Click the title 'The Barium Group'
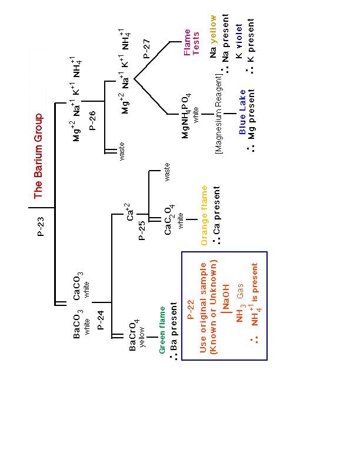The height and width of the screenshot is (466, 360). pyautogui.click(x=38, y=155)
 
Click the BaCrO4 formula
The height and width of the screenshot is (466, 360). pyautogui.click(x=134, y=336)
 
